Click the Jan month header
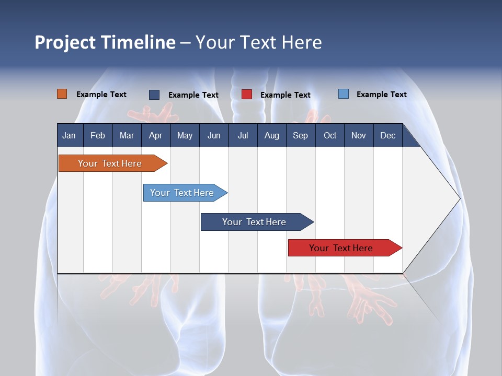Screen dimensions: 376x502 pyautogui.click(x=69, y=135)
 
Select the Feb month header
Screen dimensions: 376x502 pyautogui.click(x=98, y=135)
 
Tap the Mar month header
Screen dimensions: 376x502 pyautogui.click(x=127, y=135)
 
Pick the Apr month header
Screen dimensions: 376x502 pyautogui.click(x=155, y=135)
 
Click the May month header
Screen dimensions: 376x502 pyautogui.click(x=185, y=135)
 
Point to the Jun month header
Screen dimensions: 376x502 pyautogui.click(x=214, y=135)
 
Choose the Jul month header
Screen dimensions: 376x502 pyautogui.click(x=243, y=135)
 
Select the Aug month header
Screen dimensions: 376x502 pyautogui.click(x=271, y=135)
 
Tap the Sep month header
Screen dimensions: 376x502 pyautogui.click(x=300, y=135)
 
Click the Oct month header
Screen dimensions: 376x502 pyautogui.click(x=330, y=135)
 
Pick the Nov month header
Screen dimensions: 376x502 pyautogui.click(x=359, y=135)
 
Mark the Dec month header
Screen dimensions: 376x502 pyautogui.click(x=387, y=135)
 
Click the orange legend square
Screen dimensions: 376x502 pyautogui.click(x=62, y=94)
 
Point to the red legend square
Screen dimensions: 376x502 pyautogui.click(x=247, y=95)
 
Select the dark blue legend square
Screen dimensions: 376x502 pyautogui.click(x=154, y=95)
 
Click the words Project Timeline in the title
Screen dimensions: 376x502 pyautogui.click(x=105, y=42)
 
